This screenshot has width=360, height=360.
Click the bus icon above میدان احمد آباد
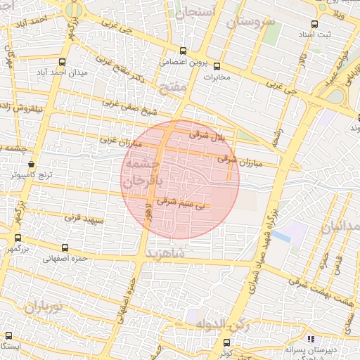click(x=62, y=62)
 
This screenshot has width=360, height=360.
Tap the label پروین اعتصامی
click(x=162, y=61)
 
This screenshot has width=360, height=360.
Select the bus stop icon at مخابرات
click(x=216, y=66)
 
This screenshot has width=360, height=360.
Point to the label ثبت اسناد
click(x=311, y=34)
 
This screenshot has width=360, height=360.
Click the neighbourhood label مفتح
click(x=172, y=87)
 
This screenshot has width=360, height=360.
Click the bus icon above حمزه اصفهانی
click(x=65, y=248)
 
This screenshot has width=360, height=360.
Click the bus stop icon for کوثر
click(x=235, y=342)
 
